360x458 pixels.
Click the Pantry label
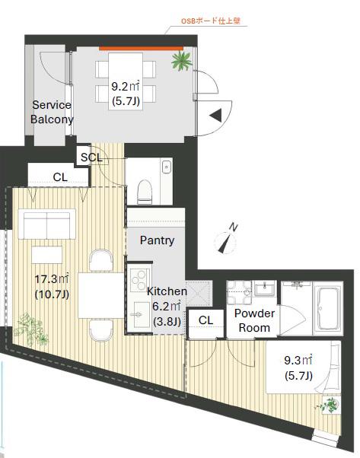point(157,240)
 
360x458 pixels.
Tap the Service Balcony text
point(52,112)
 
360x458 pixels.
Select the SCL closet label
point(91,157)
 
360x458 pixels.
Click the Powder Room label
point(254,320)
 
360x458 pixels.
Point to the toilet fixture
point(145,192)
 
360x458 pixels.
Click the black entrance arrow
point(216,115)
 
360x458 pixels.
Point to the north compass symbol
point(226,239)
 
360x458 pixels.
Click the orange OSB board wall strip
point(141,48)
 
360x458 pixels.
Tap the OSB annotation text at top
point(210,21)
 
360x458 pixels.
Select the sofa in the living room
point(46,224)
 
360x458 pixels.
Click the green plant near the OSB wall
point(181,61)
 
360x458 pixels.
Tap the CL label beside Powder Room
point(205,320)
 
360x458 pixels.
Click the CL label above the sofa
point(60,177)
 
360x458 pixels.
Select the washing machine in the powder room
point(239,293)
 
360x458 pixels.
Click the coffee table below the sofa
point(46,255)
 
